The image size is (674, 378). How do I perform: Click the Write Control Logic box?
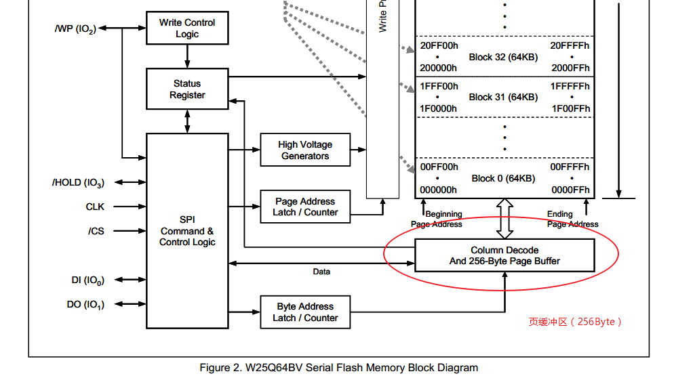coord(187,28)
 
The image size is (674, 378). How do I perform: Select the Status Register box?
coord(187,89)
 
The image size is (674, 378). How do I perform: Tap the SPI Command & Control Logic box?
coord(187,231)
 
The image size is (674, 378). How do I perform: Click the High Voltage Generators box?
coord(305,150)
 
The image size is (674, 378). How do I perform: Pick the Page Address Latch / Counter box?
coord(305,207)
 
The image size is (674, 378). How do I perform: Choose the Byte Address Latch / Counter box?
coord(305,312)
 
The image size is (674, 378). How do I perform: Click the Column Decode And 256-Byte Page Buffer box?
coord(504,255)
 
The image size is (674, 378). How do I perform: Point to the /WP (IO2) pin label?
coord(75,29)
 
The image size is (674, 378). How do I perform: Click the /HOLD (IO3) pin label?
coord(78,183)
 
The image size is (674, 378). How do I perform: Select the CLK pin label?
coord(95,207)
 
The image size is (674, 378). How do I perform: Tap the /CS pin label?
coord(96,231)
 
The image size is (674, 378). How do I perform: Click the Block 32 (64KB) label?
coord(503,57)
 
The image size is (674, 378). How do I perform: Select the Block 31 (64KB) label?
coord(503,97)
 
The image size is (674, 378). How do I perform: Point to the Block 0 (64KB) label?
coord(503,178)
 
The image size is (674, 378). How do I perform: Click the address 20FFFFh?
coord(570,45)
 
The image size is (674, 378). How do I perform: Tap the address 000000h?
coord(439,190)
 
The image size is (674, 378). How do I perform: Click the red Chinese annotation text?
coord(575,322)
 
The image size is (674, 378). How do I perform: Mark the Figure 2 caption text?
coord(338,368)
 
